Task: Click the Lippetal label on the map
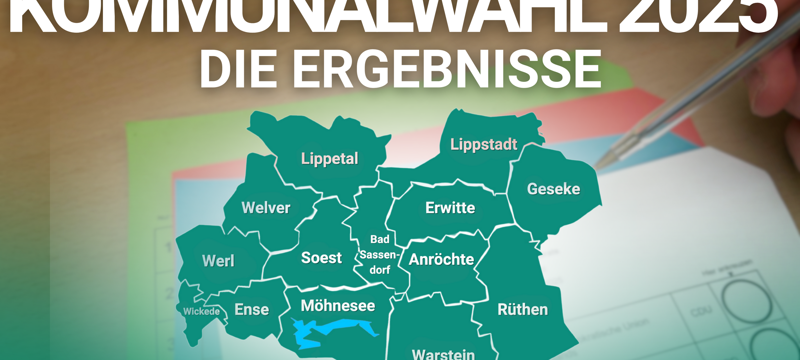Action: (329, 159)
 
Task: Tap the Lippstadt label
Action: (484, 145)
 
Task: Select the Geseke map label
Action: (553, 189)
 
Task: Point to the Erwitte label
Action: (450, 208)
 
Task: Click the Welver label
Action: (266, 208)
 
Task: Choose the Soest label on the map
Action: (322, 258)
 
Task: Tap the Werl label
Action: (218, 261)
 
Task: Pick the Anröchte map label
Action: (441, 260)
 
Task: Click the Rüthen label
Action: (523, 310)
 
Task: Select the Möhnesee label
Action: (338, 306)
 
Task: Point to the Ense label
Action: (251, 310)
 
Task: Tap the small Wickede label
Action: (202, 311)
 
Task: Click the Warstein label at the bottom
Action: (443, 354)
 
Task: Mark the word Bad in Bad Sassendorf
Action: (379, 239)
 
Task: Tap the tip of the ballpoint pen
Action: (598, 166)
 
